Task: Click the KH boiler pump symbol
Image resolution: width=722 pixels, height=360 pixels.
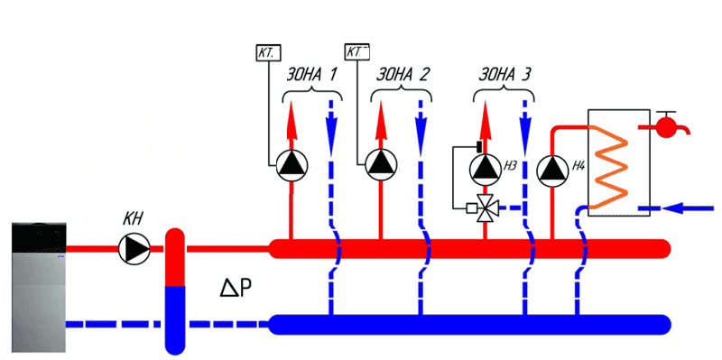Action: pyautogui.click(x=134, y=249)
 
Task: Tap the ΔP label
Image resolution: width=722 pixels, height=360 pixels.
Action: pyautogui.click(x=236, y=288)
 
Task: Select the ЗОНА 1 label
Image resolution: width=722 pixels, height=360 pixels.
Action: pyautogui.click(x=310, y=74)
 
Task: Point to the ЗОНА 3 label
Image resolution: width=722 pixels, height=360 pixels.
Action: pyautogui.click(x=504, y=74)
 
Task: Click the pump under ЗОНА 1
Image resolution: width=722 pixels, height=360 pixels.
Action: pyautogui.click(x=291, y=165)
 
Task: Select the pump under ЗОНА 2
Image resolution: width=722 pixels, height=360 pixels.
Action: pyautogui.click(x=381, y=165)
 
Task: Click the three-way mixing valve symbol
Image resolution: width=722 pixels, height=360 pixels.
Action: pyautogui.click(x=485, y=208)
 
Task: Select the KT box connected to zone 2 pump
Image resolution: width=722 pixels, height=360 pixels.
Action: pyautogui.click(x=357, y=51)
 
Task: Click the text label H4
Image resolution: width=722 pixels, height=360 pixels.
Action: pyautogui.click(x=579, y=165)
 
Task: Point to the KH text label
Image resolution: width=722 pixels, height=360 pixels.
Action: pyautogui.click(x=131, y=219)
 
